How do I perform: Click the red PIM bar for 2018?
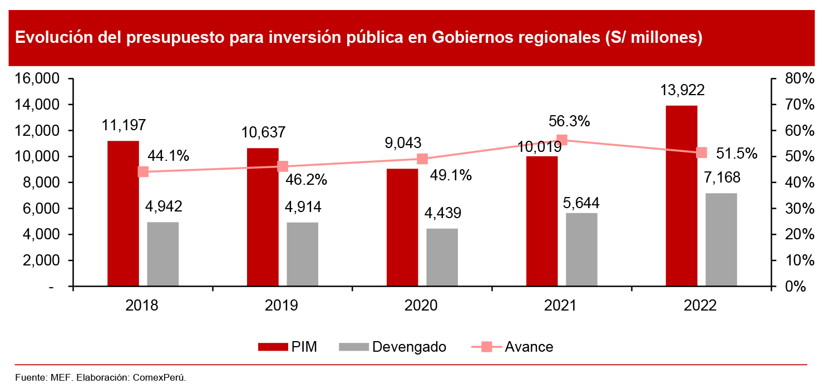[123, 214]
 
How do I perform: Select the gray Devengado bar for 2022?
[721, 240]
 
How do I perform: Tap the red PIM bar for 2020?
[402, 228]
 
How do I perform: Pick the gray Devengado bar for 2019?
[303, 254]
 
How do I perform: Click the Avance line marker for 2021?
[562, 140]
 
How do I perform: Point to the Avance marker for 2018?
[143, 171]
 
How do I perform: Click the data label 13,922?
[681, 90]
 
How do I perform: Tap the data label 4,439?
[442, 213]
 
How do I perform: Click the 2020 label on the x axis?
[422, 306]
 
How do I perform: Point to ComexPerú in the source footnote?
[159, 378]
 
